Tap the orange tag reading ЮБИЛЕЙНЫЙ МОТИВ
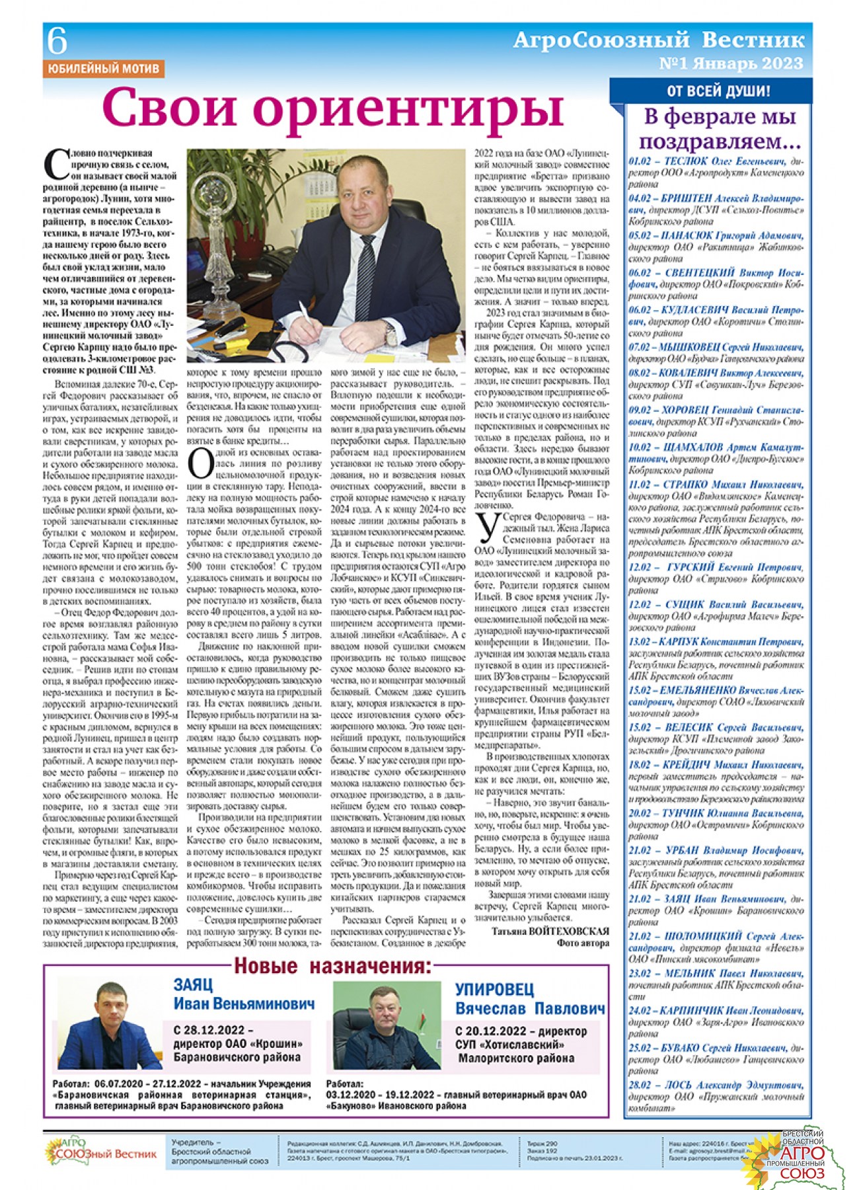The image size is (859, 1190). [103, 69]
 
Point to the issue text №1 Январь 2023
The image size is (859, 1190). [731, 64]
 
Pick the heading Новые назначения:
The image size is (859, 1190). [333, 966]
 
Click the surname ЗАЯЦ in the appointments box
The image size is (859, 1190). [193, 984]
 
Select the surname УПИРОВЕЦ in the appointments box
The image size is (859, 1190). [494, 989]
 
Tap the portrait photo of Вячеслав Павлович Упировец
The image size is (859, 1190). [387, 1025]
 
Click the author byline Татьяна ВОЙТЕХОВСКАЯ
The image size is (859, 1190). [550, 931]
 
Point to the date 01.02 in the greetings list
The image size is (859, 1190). [640, 161]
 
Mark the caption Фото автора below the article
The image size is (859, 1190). [582, 943]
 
